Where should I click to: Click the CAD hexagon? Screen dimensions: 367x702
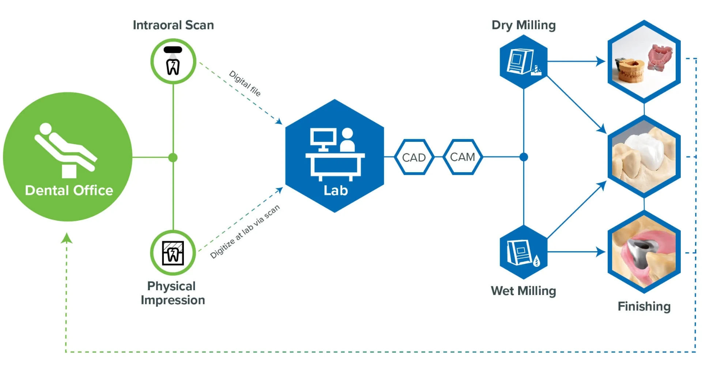pyautogui.click(x=414, y=157)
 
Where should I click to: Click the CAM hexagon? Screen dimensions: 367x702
pyautogui.click(x=463, y=157)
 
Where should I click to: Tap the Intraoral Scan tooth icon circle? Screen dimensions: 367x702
pyautogui.click(x=173, y=61)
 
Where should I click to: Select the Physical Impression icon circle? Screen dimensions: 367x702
pyautogui.click(x=173, y=253)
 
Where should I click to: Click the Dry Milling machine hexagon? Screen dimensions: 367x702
pyautogui.click(x=523, y=62)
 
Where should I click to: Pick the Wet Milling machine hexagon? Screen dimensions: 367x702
pyautogui.click(x=523, y=252)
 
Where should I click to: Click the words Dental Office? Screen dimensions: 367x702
pyautogui.click(x=69, y=190)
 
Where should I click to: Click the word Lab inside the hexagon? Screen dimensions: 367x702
pyautogui.click(x=335, y=190)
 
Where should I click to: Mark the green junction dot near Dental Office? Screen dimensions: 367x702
pyautogui.click(x=173, y=158)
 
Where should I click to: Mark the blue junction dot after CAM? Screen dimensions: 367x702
pyautogui.click(x=524, y=157)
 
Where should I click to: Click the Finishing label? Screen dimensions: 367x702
pyautogui.click(x=644, y=306)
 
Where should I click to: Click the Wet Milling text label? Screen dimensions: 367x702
pyautogui.click(x=523, y=291)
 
